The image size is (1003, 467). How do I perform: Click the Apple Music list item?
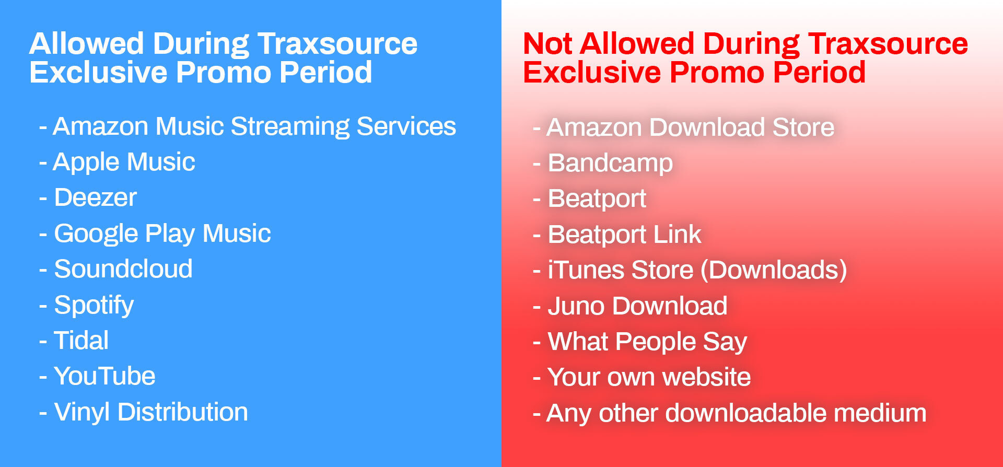click(x=124, y=162)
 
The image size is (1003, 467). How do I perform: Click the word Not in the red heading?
click(x=548, y=43)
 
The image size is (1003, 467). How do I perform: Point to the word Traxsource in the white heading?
click(x=337, y=43)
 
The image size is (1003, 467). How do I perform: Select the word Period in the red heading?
click(x=819, y=72)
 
